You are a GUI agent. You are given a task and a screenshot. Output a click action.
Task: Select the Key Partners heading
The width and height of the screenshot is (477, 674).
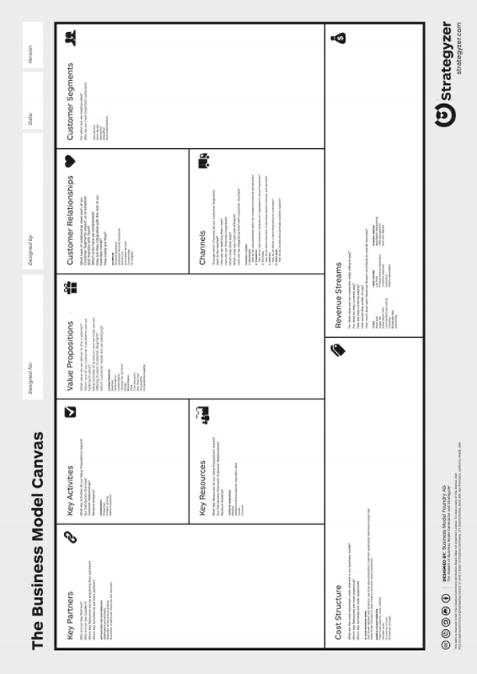(x=70, y=609)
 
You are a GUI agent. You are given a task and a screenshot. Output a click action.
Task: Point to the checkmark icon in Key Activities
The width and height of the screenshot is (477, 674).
(x=70, y=412)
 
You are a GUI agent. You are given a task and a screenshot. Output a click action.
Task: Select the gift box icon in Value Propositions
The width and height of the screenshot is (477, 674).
(x=70, y=287)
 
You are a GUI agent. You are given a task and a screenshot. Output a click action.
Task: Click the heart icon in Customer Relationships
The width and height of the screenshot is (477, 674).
(x=70, y=161)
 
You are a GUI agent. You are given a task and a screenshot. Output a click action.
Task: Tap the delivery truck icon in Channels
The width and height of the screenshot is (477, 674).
(x=203, y=161)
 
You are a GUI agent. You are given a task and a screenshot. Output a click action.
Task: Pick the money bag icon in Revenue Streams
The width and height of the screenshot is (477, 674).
(x=339, y=36)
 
